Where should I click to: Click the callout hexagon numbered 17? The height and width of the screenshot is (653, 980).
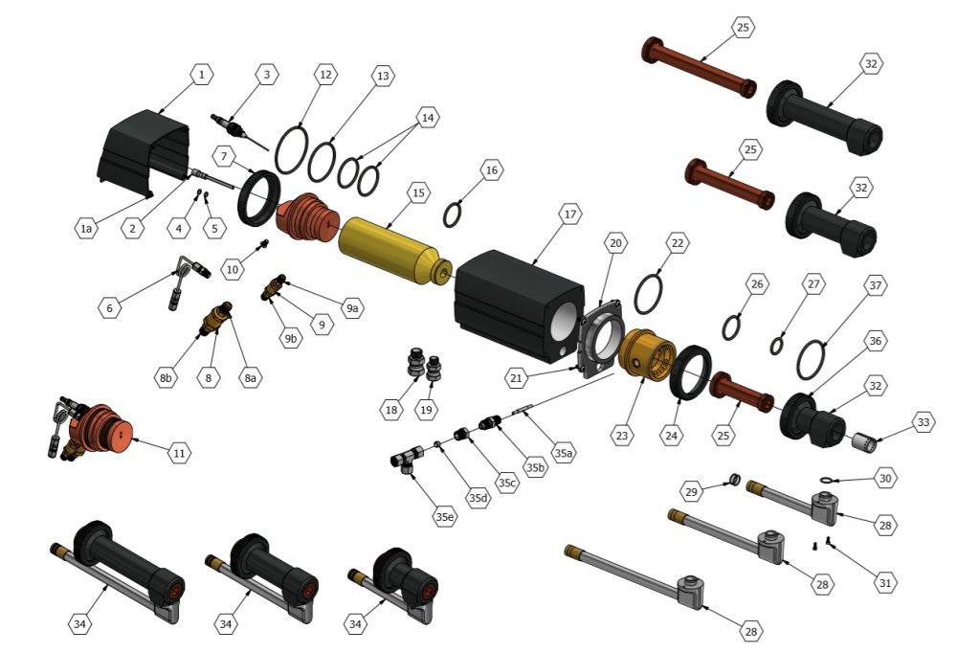coord(570,214)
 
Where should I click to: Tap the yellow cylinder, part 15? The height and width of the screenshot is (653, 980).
coord(392,250)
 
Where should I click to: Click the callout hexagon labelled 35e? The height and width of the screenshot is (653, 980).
coord(444,517)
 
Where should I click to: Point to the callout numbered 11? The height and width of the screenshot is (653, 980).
coord(179,453)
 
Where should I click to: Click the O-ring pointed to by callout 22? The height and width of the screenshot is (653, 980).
coord(649,294)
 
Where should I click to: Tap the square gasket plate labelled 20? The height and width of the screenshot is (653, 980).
coord(601,338)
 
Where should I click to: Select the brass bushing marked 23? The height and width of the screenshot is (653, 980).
coord(647,354)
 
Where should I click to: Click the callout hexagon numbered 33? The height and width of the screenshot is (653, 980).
coord(924,422)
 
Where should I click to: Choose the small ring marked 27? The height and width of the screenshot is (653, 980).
coord(776,346)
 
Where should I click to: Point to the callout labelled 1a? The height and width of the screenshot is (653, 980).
coord(86,228)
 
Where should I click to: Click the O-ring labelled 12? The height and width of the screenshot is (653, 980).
coord(291,149)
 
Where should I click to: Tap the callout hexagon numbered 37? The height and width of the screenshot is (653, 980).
coord(876,286)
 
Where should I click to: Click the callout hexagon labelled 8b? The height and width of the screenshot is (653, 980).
coord(166,377)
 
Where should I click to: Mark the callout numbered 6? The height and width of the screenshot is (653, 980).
coord(110,307)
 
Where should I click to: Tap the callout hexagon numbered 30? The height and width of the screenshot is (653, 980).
coord(885,479)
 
